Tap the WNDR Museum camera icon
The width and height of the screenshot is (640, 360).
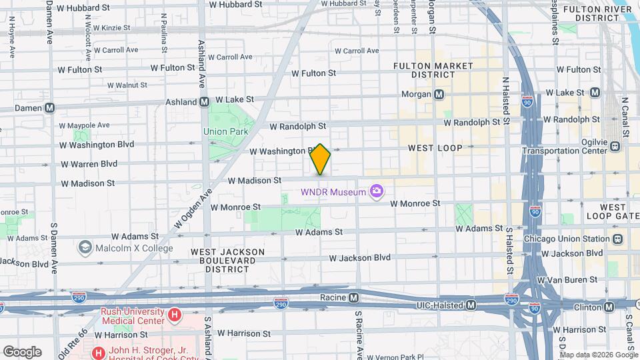click(x=377, y=193)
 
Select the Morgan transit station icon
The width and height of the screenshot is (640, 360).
click(x=439, y=95)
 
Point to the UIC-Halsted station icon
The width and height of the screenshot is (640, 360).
click(x=471, y=305)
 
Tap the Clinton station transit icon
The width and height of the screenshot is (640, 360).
click(x=609, y=307)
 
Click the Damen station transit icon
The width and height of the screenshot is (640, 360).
click(x=49, y=107)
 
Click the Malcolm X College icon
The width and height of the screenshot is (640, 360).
click(x=85, y=248)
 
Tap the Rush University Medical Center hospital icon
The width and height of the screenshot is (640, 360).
click(x=175, y=314)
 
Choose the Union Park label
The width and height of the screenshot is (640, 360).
click(x=225, y=132)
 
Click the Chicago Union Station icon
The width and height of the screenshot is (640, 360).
click(x=618, y=239)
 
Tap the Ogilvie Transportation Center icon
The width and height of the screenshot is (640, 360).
click(x=615, y=146)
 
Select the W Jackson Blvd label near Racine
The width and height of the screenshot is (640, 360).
click(x=360, y=257)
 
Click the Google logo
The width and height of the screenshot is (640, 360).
click(x=22, y=351)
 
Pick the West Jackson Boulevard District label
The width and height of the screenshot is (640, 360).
click(x=229, y=260)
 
